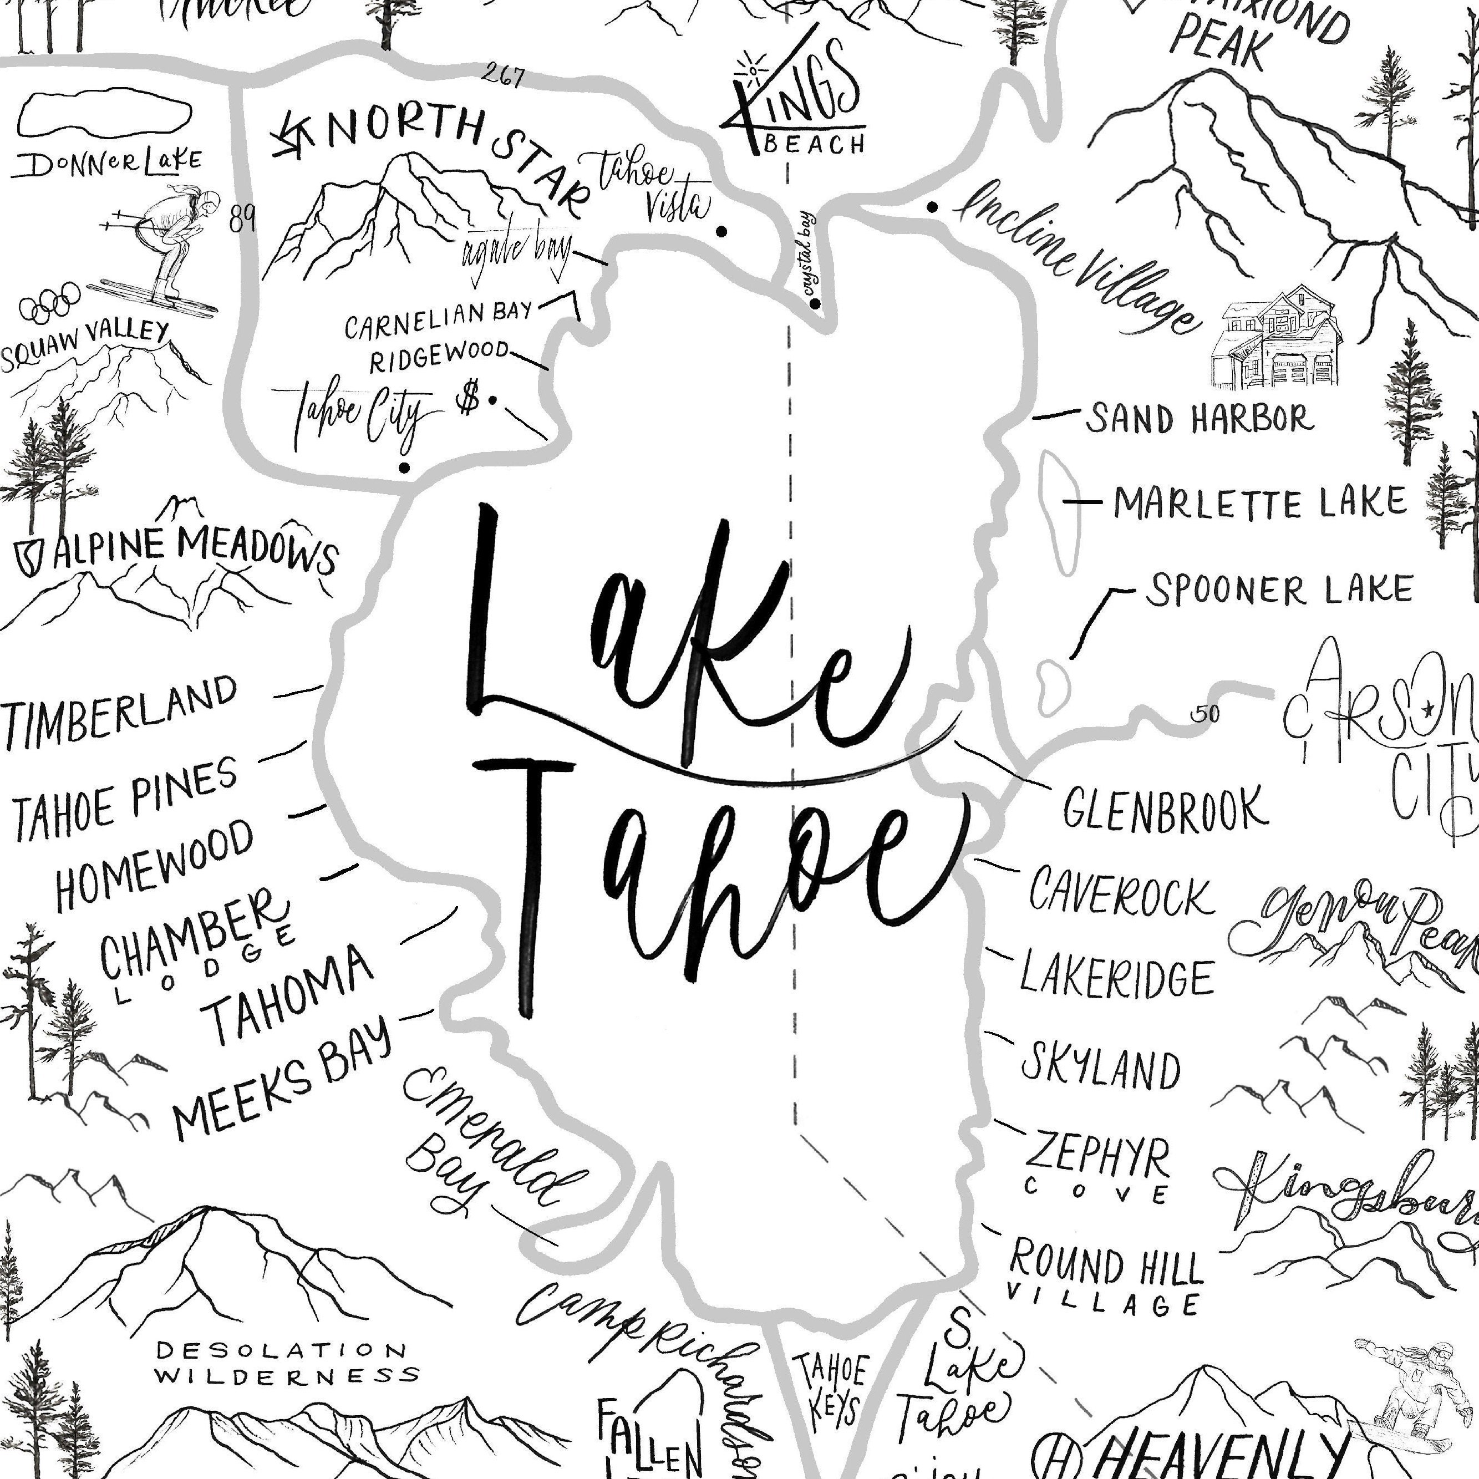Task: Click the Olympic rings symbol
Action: click(x=50, y=302)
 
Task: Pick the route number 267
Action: click(x=504, y=77)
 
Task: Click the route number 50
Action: click(x=1205, y=714)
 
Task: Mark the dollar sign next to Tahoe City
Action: click(x=469, y=398)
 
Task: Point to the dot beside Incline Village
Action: click(x=932, y=207)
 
